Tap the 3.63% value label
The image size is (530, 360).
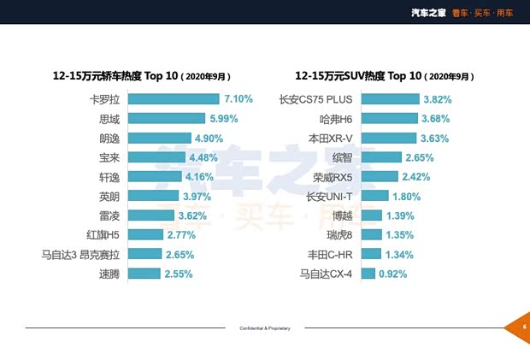pyautogui.click(x=436, y=138)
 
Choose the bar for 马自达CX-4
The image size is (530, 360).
pyautogui.click(x=368, y=274)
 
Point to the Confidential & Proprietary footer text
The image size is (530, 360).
pyautogui.click(x=265, y=328)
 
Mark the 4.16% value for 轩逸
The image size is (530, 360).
pyautogui.click(x=202, y=176)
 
